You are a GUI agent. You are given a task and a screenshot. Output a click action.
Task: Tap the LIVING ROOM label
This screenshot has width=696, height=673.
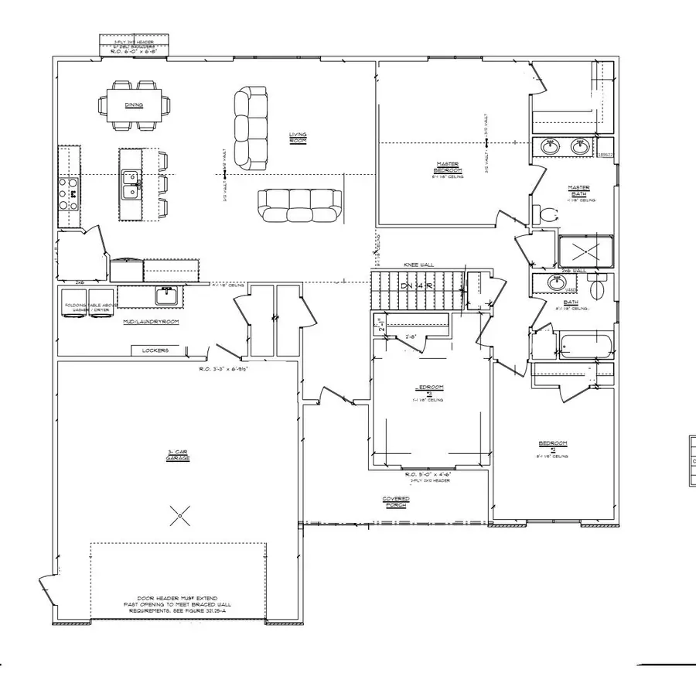point(299,138)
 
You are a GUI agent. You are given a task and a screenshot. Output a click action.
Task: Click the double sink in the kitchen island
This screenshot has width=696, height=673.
point(130,186)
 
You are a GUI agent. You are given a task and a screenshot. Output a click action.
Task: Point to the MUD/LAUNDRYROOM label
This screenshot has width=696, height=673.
point(151,320)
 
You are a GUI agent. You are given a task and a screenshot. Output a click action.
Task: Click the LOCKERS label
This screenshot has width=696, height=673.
point(155,350)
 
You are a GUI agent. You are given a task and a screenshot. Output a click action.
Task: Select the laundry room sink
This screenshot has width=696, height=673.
point(167,295)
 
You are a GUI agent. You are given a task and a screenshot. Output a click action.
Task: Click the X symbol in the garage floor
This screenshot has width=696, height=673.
point(179,511)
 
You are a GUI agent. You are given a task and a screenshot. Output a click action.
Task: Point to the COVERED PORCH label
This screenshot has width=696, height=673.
point(395,503)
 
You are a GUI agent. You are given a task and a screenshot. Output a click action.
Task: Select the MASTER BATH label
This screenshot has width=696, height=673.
point(579,190)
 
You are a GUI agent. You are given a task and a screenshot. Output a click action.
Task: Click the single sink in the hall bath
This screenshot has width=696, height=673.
point(555,283)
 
